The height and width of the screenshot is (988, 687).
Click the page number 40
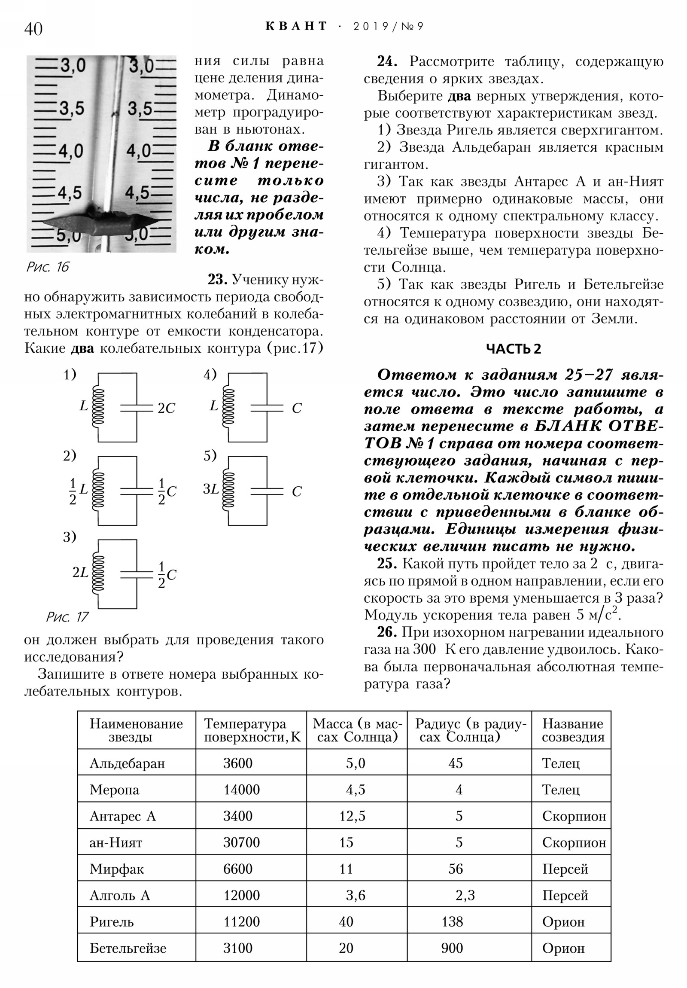point(33,29)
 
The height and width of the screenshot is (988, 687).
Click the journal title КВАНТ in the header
point(296,26)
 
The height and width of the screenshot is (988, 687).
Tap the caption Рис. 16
point(47,267)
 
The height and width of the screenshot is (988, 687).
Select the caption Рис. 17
point(67,617)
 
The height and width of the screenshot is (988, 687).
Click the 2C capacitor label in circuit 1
point(167,408)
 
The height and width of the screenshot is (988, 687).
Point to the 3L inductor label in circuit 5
point(211,489)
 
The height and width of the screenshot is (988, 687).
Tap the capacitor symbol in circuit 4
point(267,408)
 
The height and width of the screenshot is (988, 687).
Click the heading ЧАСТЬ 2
point(513,348)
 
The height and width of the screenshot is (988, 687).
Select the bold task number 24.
point(387,61)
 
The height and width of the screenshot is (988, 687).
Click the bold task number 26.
point(386,632)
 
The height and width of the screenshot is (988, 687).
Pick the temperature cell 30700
point(241,842)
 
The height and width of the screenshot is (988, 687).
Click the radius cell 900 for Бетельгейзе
point(452,948)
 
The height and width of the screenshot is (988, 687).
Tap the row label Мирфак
point(117,869)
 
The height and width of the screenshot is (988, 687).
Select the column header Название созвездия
point(573,730)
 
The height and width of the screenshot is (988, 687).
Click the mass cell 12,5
point(353,816)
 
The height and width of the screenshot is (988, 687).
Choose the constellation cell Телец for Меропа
point(560,789)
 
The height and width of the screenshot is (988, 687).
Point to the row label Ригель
point(111,922)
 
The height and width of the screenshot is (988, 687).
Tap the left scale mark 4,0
point(71,151)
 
